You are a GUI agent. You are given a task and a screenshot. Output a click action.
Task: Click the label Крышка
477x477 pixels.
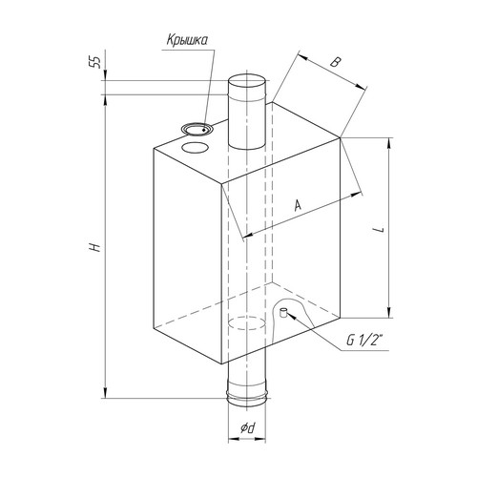[187, 40]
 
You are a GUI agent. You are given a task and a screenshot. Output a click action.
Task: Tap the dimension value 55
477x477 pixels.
[94, 62]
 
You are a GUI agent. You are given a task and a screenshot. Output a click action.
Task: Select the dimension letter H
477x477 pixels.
[94, 247]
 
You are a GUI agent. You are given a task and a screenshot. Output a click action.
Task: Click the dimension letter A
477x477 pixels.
[298, 205]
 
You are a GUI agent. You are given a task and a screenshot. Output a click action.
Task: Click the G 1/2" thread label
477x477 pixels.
[364, 341]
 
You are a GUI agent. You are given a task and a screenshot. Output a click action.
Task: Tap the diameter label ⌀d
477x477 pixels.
[248, 428]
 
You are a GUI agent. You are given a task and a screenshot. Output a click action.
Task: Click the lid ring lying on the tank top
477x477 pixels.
[197, 130]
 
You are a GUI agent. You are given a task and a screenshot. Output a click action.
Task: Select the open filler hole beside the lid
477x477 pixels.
[195, 147]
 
